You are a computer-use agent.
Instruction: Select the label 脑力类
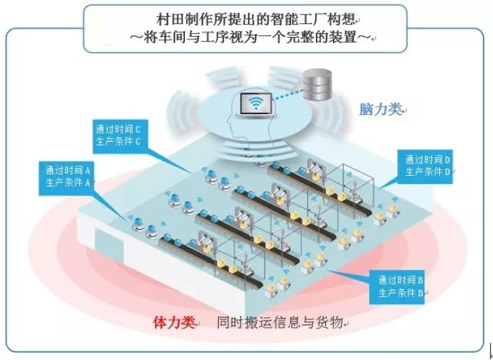click(x=381, y=109)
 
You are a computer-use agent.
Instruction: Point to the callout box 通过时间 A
click(x=69, y=177)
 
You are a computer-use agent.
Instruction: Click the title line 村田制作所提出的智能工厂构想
click(x=246, y=18)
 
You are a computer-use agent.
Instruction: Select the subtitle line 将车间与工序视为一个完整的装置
click(x=246, y=36)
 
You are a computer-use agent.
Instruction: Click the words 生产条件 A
click(x=69, y=183)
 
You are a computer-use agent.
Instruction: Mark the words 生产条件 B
click(x=397, y=293)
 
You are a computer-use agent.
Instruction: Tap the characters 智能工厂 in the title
click(x=280, y=18)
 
